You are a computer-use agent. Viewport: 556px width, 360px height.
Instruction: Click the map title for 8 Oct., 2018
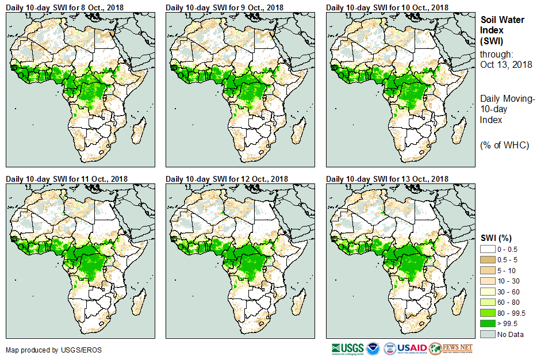coord(67,7)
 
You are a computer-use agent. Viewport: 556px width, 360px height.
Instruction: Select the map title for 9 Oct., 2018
coord(227,7)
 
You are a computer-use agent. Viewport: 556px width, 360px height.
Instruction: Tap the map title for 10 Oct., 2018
coord(387,7)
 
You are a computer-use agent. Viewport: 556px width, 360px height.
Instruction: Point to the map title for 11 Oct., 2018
coord(67,179)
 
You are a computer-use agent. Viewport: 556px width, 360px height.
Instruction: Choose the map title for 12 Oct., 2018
coord(227,179)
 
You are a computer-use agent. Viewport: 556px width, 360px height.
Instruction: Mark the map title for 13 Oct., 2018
coord(387,179)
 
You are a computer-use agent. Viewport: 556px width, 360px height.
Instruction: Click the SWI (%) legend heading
coord(496,238)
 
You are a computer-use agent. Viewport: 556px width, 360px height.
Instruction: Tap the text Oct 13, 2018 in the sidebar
coord(506,64)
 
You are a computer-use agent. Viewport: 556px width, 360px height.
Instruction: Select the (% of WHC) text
coord(504,145)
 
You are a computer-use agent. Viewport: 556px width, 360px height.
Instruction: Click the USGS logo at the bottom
coord(347,348)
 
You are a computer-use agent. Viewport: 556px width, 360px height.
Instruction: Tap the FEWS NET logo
coord(451,348)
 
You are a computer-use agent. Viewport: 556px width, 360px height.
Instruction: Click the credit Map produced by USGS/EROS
coord(45,350)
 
